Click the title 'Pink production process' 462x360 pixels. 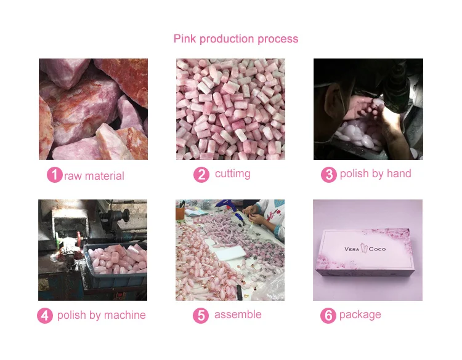coord(236,39)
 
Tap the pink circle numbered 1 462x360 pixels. coord(54,175)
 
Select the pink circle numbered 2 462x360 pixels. coord(201,175)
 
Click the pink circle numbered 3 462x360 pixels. coord(329,175)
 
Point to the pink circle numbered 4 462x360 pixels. coord(45,316)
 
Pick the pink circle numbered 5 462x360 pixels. coord(201,316)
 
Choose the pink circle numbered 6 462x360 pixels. coord(328,316)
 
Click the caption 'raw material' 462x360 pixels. coord(94,176)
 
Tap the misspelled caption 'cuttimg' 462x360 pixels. coord(233,174)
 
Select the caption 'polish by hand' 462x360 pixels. coord(375,174)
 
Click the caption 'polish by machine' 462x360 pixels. coord(102,315)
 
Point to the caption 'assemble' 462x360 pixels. coord(238,314)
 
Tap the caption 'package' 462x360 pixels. coord(360,315)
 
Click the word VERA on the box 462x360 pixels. coord(352,249)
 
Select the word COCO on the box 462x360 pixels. coord(377,249)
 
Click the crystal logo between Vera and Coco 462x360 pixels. coord(364,249)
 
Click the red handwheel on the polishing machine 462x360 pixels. coord(78,238)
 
